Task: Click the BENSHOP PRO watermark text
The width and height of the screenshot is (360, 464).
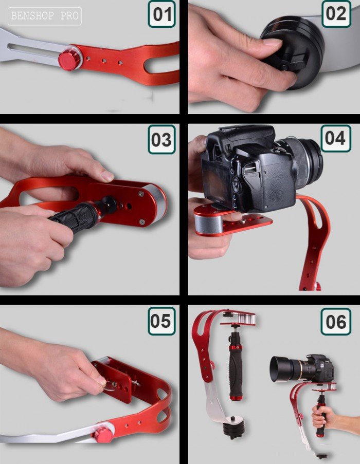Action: coord(45,16)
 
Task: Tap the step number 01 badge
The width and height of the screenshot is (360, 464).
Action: coord(161,14)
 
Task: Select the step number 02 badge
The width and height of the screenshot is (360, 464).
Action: coord(336,13)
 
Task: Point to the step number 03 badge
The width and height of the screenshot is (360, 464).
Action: coord(161,139)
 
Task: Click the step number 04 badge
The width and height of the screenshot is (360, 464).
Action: coord(336,138)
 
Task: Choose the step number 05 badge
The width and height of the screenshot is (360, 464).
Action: coord(161,321)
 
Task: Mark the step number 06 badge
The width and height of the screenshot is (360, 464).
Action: coord(336,322)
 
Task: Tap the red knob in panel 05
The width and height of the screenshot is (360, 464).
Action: coord(103,435)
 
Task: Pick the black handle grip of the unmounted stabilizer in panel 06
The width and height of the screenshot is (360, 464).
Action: coord(236,370)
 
